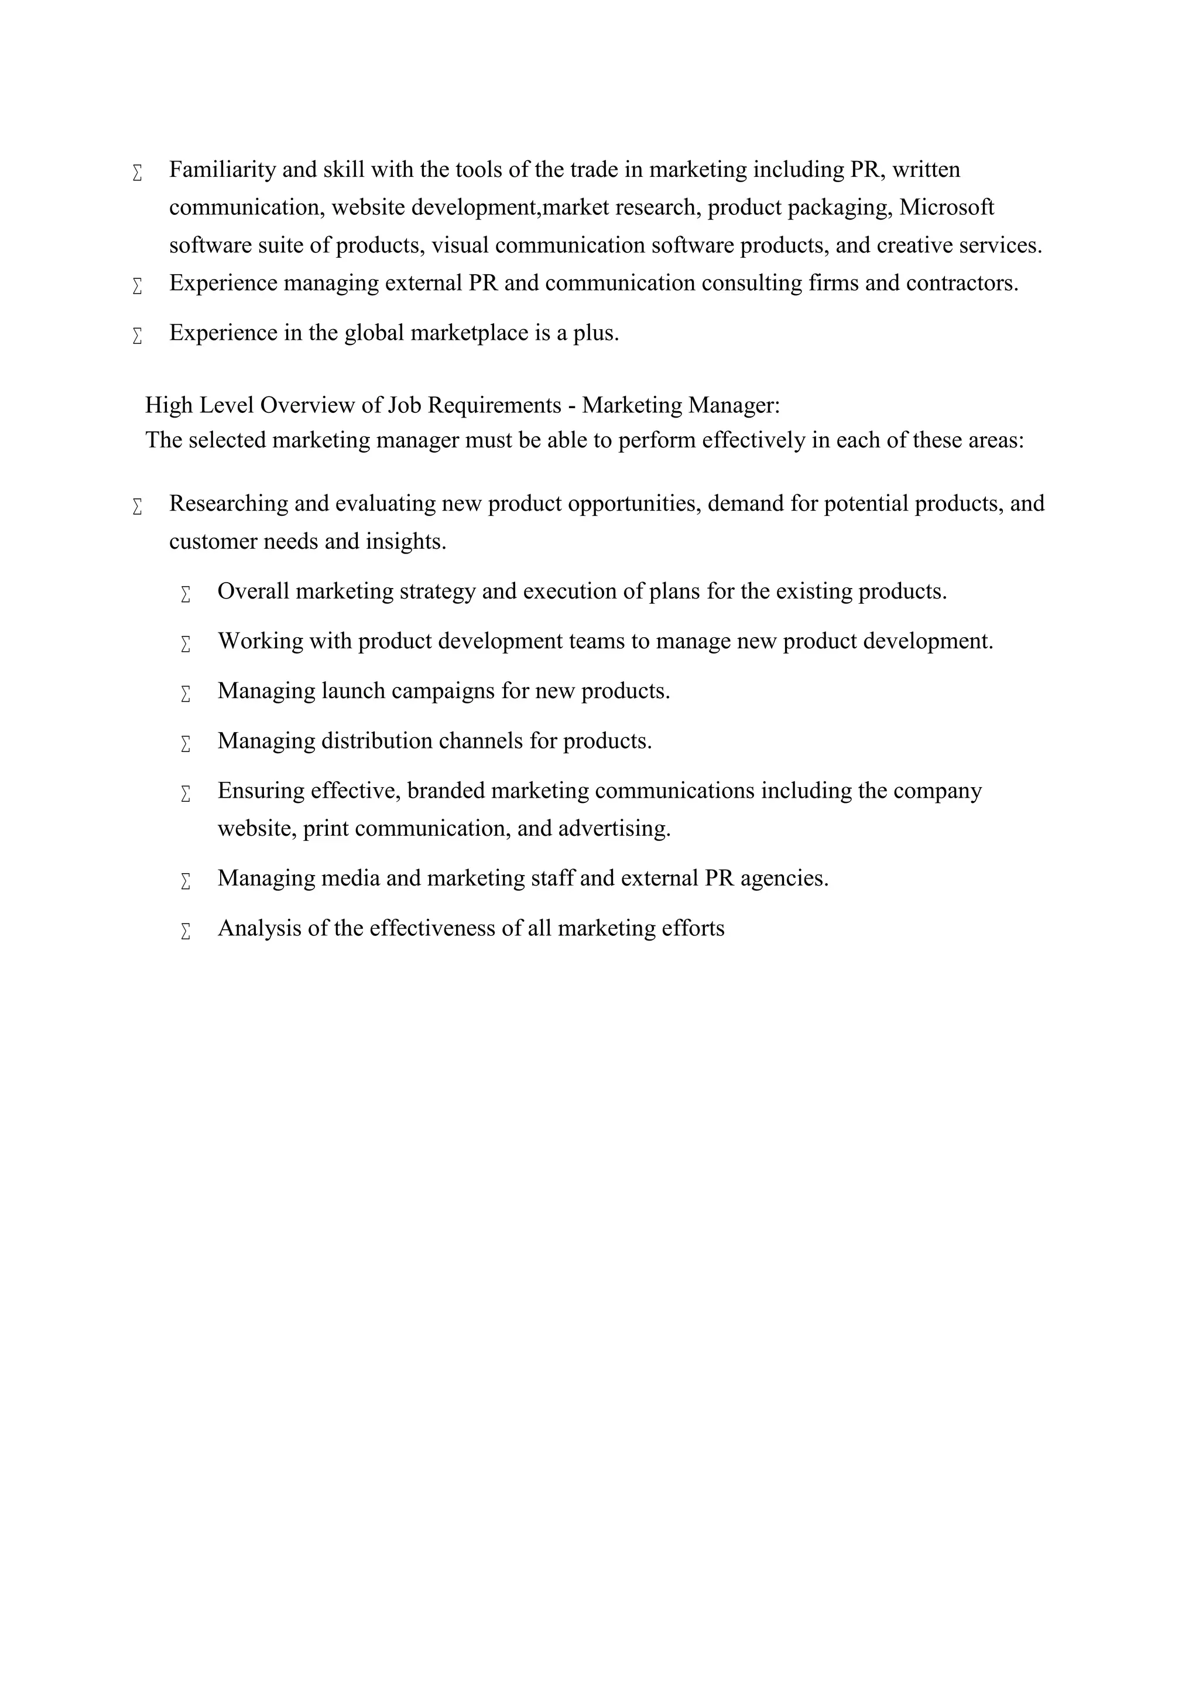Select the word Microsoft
[947, 207]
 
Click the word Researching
[228, 504]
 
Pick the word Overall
[253, 591]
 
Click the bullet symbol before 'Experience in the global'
[138, 336]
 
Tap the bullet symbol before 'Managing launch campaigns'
[186, 693]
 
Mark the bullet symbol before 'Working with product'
[186, 644]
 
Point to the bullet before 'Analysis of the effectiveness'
[186, 932]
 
